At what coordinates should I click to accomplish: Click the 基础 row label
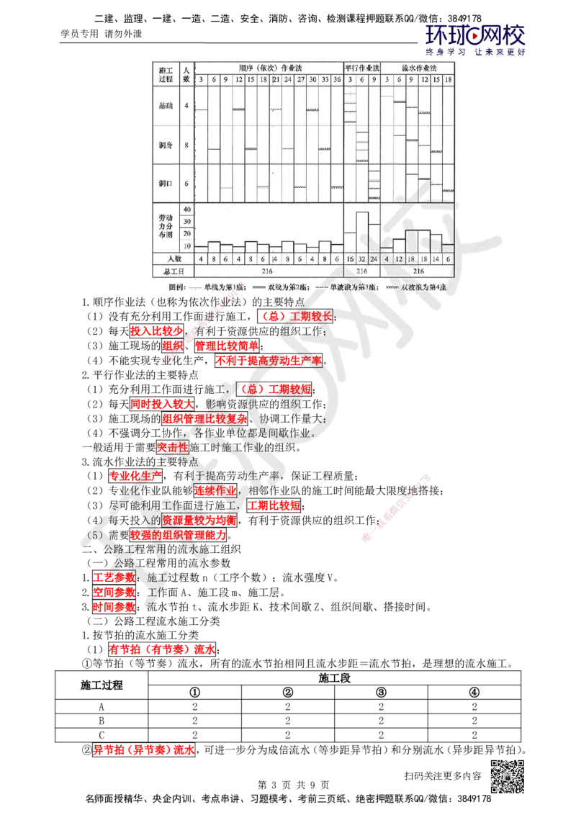coord(165,105)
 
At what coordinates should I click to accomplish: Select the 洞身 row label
coord(165,145)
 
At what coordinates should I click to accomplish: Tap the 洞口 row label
coord(165,184)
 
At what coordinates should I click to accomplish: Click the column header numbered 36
coord(336,79)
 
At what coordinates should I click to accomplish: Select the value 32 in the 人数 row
coord(362,258)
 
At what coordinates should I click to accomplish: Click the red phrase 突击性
coord(173,447)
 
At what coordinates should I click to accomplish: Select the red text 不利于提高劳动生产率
coord(268,360)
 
